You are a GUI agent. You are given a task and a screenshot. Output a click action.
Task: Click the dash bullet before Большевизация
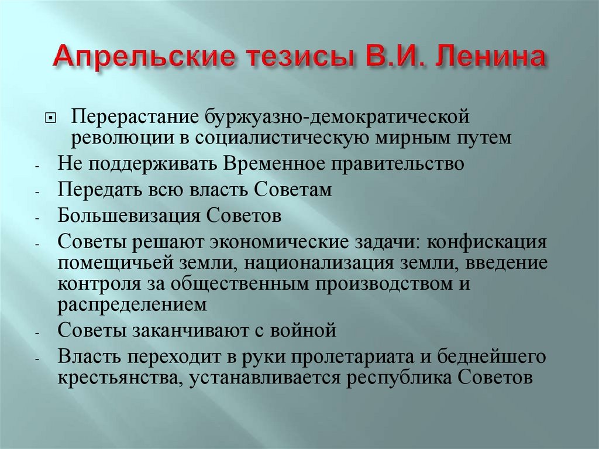click(x=36, y=218)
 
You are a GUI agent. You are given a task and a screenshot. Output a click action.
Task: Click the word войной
click(x=307, y=330)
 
